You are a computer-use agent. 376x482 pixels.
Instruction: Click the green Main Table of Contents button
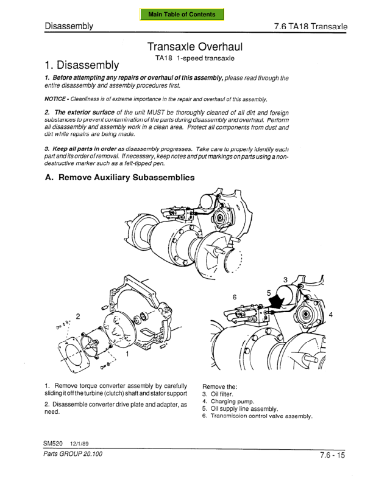182,15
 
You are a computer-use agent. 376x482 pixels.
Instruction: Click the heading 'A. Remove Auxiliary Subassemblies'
120,178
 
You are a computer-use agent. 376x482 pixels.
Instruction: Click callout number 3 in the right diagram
285,279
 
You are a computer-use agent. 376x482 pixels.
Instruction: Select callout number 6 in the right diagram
235,297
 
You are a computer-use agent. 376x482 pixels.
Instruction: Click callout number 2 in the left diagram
77,316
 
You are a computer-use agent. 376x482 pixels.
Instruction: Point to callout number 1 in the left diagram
127,353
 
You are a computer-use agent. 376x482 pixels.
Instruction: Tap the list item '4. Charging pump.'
228,402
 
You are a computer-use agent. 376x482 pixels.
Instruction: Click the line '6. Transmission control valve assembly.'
257,417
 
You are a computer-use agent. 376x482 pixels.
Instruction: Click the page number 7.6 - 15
332,455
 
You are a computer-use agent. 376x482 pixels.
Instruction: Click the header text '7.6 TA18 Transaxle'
310,27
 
